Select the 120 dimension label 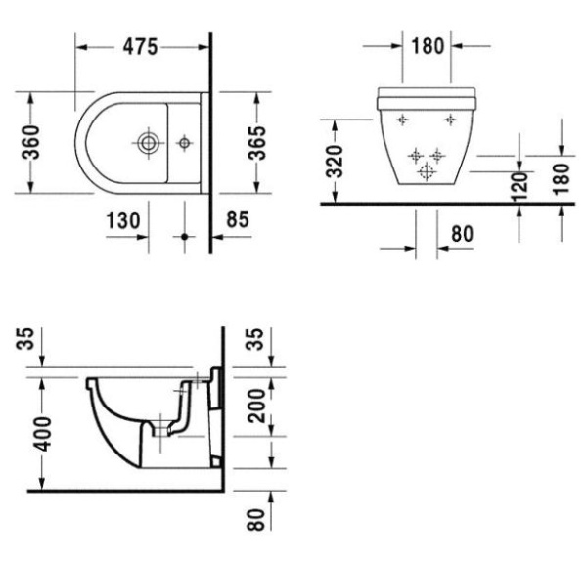pyautogui.click(x=519, y=182)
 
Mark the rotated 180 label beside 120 pyautogui.click(x=561, y=177)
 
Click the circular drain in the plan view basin pyautogui.click(x=147, y=144)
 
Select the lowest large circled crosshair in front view pyautogui.click(x=426, y=172)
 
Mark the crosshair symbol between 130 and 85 pyautogui.click(x=183, y=236)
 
